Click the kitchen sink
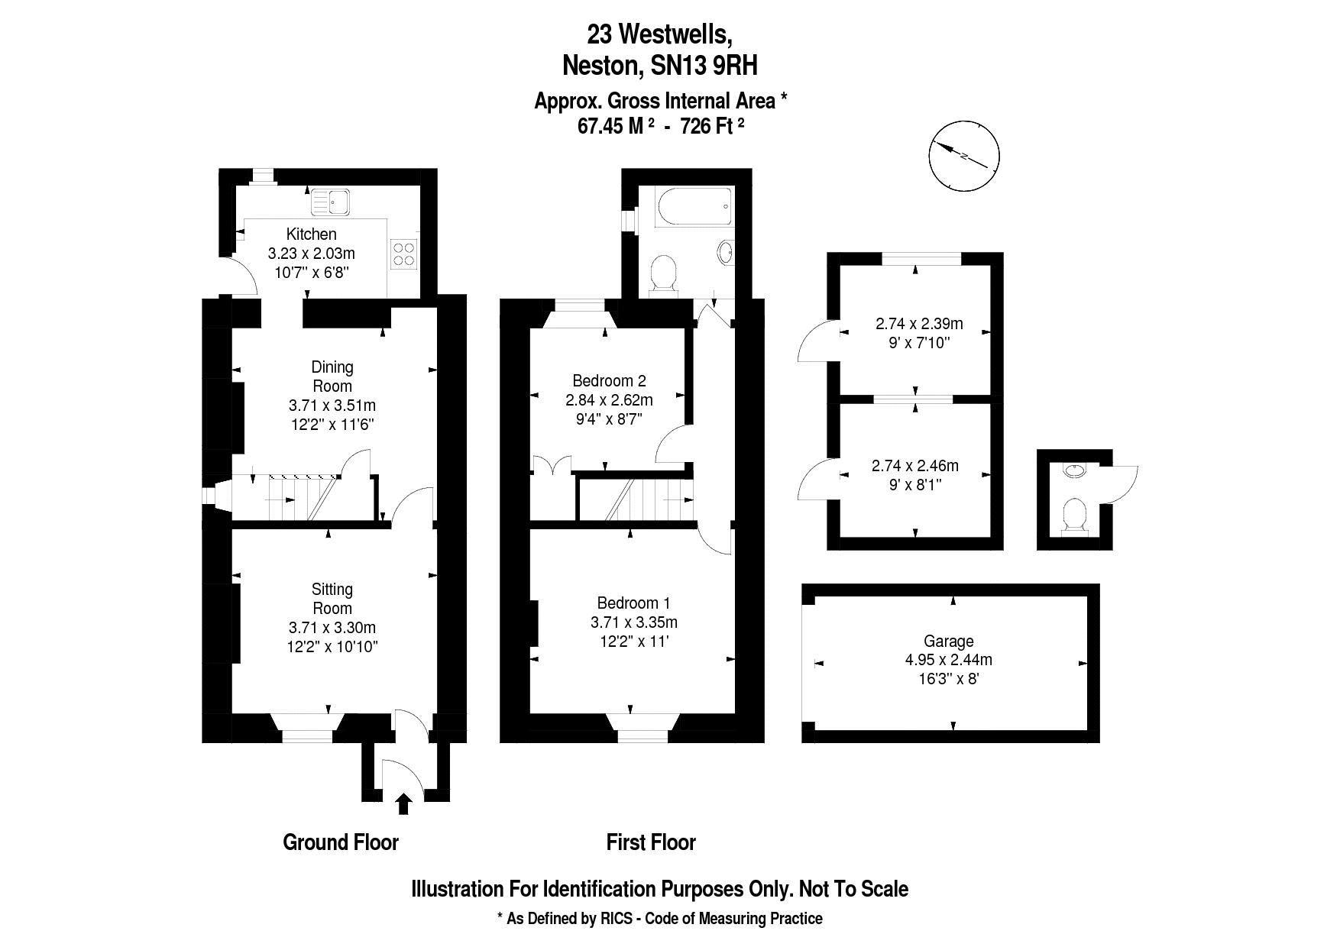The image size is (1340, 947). tap(330, 202)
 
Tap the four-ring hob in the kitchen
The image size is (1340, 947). tap(403, 254)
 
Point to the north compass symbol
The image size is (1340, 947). tap(965, 157)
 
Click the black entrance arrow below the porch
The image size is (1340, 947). tap(404, 804)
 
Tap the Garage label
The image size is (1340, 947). tap(949, 642)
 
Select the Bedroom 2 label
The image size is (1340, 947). tap(609, 380)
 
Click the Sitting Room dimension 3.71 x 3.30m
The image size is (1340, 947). tap(332, 628)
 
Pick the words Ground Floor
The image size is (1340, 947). tap(341, 842)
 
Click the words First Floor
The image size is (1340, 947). tap(651, 842)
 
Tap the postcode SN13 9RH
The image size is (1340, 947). tap(704, 66)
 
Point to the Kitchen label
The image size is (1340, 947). tap(311, 234)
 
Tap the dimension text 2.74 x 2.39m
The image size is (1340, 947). tap(919, 324)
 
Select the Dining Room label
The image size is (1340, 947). tap(332, 377)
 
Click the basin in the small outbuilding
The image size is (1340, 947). tap(1075, 470)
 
